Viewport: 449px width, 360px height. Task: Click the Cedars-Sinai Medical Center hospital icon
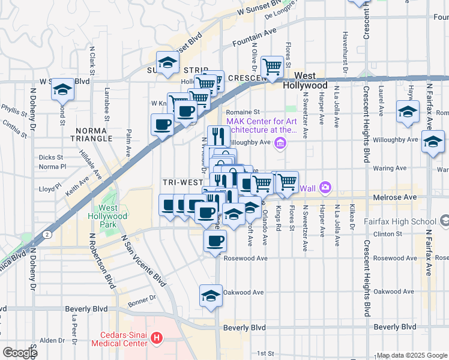157,339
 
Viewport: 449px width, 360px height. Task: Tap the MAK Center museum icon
279,143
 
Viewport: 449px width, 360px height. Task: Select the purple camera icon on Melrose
325,188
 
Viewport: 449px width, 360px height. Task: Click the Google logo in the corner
20,353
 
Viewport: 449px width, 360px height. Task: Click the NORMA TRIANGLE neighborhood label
93,134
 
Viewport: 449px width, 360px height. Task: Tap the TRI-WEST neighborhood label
182,182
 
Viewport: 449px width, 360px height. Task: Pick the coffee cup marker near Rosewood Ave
215,241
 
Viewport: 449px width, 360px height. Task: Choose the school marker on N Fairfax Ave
433,142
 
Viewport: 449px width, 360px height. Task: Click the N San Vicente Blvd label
143,260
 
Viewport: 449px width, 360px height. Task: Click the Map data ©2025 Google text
411,355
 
